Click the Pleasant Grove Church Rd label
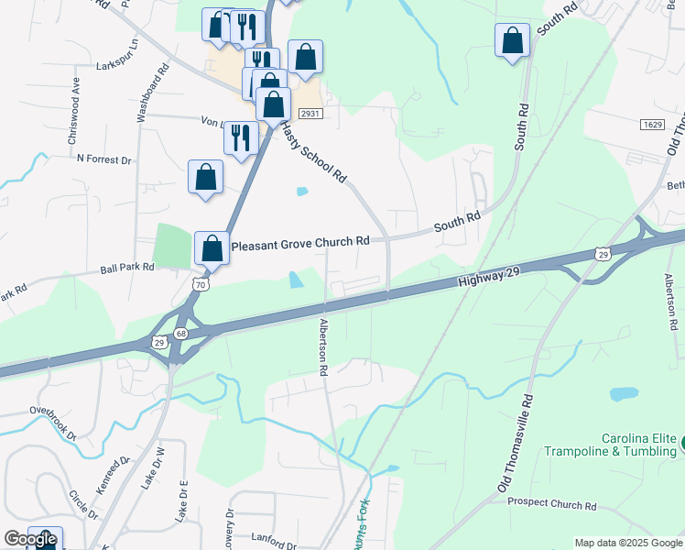click(x=300, y=243)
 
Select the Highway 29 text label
click(x=491, y=277)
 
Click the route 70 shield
click(x=201, y=285)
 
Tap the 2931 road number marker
click(x=310, y=111)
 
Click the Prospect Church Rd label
click(x=551, y=504)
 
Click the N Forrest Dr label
click(x=104, y=159)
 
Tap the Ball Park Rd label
click(x=127, y=269)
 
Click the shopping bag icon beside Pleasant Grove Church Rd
click(x=212, y=247)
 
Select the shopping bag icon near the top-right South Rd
click(x=512, y=40)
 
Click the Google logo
click(x=30, y=539)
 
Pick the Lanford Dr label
click(x=252, y=539)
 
